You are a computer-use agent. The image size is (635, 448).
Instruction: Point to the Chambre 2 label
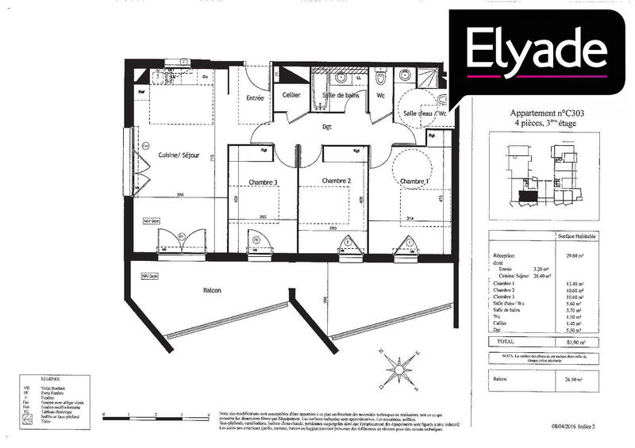(336, 182)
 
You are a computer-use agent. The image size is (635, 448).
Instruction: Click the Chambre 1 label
(413, 182)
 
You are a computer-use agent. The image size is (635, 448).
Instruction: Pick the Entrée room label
(255, 98)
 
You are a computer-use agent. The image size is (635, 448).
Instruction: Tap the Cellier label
(291, 95)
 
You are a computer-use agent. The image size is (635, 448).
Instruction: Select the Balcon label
(211, 290)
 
